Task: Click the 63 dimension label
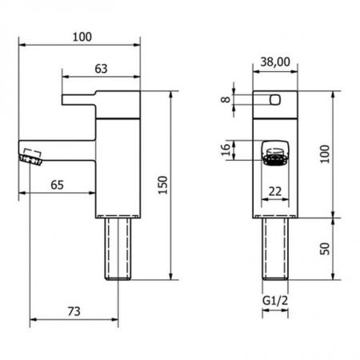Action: click(x=101, y=69)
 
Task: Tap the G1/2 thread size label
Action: click(x=275, y=302)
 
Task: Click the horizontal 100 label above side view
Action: click(x=79, y=37)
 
